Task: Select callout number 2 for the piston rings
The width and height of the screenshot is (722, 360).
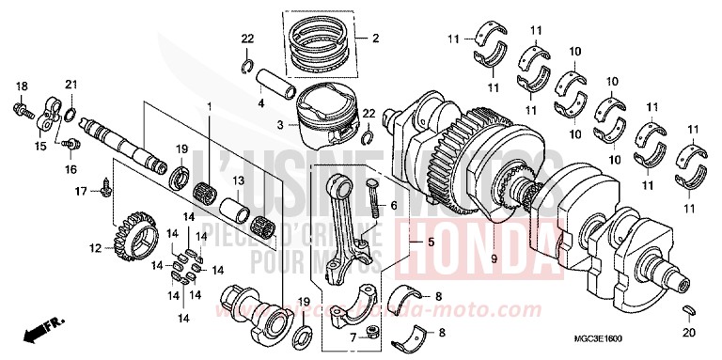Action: click(374, 39)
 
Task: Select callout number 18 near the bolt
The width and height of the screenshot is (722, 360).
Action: click(20, 86)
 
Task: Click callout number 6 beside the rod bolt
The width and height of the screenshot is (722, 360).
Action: click(394, 205)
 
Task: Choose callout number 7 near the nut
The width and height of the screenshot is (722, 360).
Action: click(352, 337)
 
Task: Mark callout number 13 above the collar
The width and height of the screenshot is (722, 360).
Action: click(239, 180)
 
